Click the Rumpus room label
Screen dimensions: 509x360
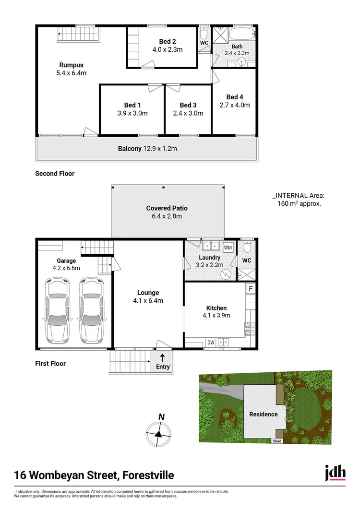(71, 65)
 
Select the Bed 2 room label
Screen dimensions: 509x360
(168, 41)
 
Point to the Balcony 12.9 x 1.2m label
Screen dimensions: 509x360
(147, 149)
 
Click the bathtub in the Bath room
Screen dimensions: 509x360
(243, 35)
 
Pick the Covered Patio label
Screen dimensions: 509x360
(167, 208)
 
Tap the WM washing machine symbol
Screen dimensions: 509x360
(228, 247)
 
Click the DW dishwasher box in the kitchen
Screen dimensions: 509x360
(211, 343)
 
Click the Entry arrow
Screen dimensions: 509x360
(162, 358)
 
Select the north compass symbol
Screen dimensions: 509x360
(158, 433)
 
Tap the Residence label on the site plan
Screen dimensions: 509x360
(263, 414)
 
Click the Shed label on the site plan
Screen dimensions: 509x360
(277, 441)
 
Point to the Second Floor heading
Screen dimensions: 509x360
(55, 174)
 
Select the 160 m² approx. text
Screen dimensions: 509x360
(299, 203)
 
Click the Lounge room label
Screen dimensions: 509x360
(148, 293)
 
